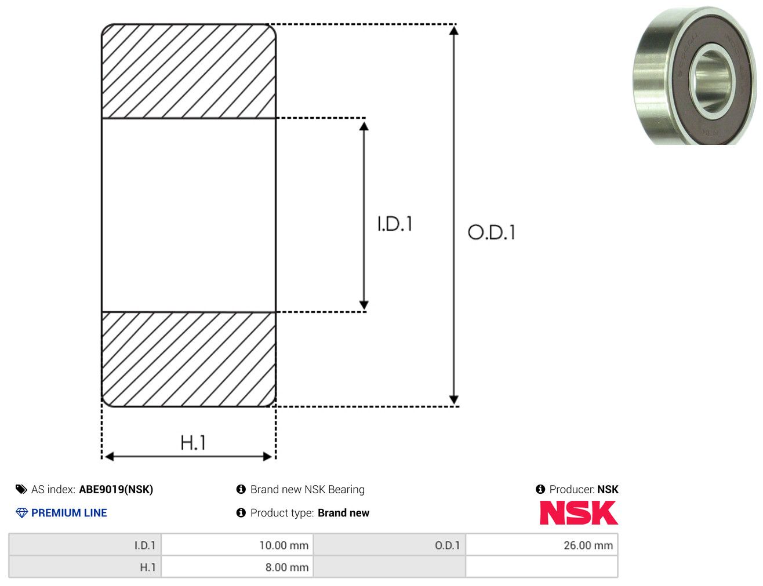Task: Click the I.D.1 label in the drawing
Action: pos(395,224)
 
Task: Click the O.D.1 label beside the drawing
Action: pos(492,232)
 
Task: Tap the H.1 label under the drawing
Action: pos(192,442)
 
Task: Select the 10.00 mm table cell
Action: pos(237,545)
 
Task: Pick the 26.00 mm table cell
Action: pos(542,545)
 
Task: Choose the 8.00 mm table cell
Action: pos(237,567)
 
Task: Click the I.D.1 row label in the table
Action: pos(85,545)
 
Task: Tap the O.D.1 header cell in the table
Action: pos(390,545)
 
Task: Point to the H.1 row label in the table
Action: pos(85,567)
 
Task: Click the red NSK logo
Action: pos(579,512)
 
